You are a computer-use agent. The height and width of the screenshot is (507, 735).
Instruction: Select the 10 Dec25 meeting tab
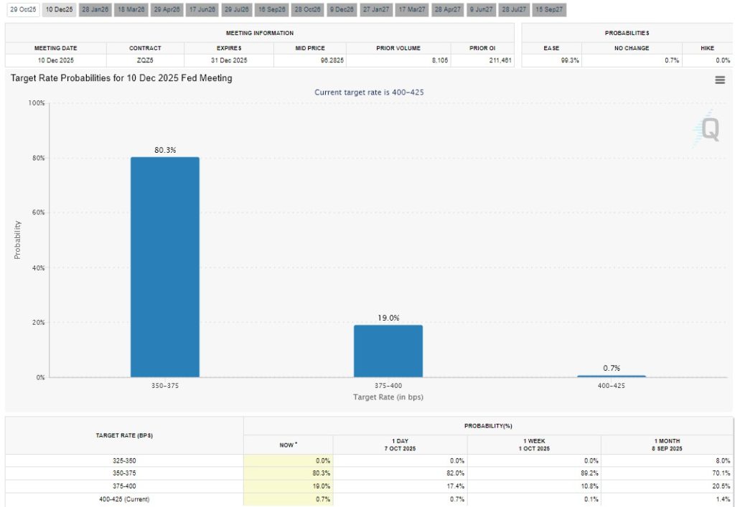[x=58, y=9]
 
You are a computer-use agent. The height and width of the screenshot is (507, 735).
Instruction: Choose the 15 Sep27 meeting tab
[x=549, y=9]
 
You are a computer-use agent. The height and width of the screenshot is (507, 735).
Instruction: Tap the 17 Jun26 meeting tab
[x=202, y=9]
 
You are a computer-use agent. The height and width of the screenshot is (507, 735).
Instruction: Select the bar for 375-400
[x=388, y=351]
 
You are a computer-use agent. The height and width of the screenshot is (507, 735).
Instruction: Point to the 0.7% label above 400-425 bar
[x=612, y=368]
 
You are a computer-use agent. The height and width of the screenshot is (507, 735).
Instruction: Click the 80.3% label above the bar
[x=164, y=150]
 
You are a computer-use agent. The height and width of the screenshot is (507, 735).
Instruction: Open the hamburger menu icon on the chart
[x=720, y=80]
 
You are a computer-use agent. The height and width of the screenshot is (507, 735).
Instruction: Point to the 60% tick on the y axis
[x=36, y=213]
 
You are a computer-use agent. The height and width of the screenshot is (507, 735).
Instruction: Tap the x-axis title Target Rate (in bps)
[x=388, y=397]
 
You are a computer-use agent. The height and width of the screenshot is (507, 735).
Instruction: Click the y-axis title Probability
[x=17, y=240]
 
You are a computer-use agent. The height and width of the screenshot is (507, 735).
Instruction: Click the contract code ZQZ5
[x=145, y=60]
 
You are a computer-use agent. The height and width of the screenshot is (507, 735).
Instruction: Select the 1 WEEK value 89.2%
[x=586, y=473]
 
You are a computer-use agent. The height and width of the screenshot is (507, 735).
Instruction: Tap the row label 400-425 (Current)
[x=124, y=499]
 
